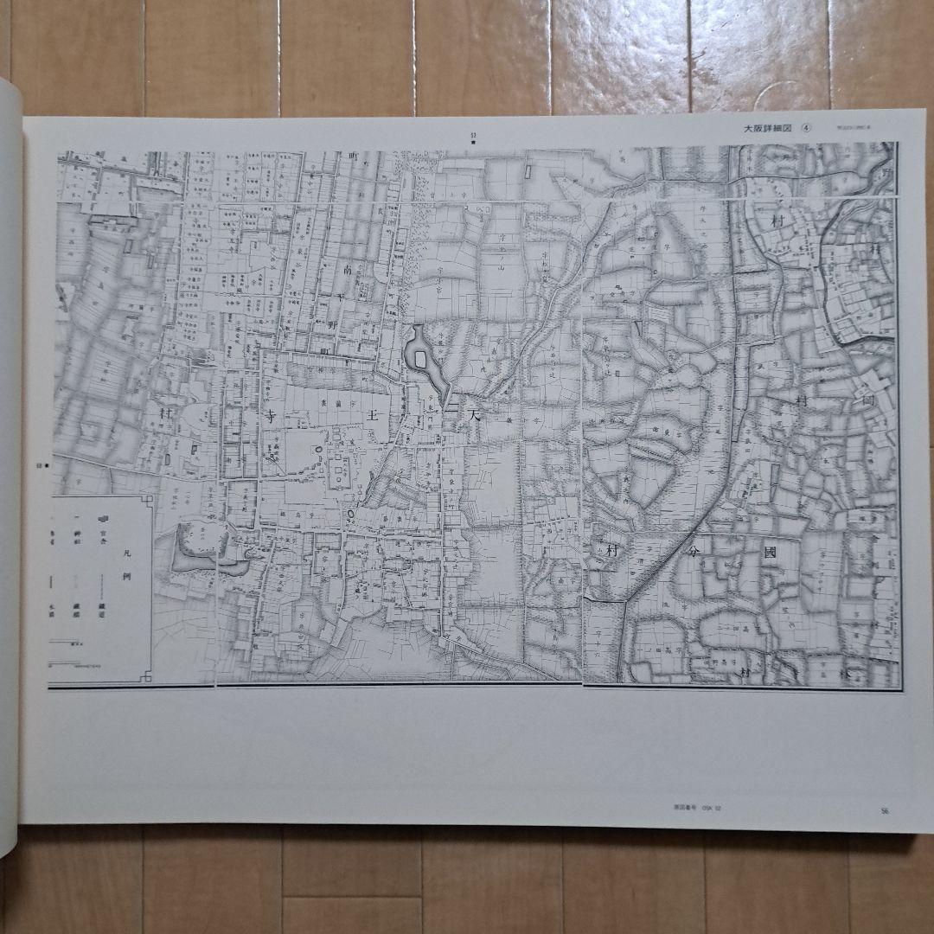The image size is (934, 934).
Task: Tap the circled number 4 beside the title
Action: click(x=808, y=126)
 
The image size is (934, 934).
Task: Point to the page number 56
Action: click(x=885, y=811)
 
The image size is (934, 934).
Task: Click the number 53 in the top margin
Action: click(x=473, y=135)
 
